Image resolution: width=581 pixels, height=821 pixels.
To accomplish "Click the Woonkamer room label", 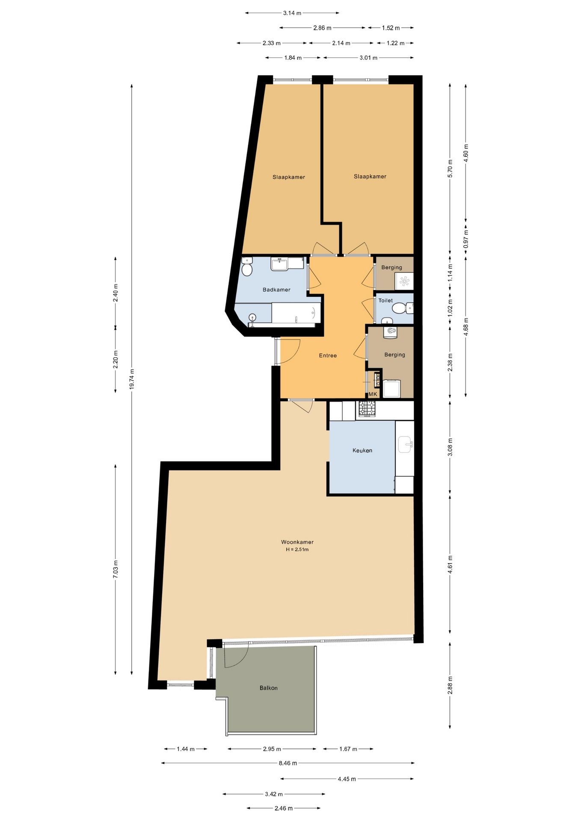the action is point(297,542).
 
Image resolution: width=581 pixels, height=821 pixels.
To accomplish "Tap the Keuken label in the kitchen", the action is point(362,450).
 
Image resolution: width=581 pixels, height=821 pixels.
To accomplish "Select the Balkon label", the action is point(269,688).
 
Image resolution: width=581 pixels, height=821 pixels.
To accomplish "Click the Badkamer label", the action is point(276,289).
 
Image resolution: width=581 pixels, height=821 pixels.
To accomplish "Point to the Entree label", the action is point(328,355).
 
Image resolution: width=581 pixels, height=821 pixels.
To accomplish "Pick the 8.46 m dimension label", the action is point(288,763).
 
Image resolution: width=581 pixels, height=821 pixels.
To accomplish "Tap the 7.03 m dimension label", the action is point(116,569).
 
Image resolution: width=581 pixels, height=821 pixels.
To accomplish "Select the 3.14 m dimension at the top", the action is point(292,13).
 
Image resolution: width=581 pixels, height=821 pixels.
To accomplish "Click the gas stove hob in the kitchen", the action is point(367,409).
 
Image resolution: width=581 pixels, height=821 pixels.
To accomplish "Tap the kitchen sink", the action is point(405,444).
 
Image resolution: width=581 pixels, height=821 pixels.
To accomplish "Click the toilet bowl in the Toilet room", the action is point(400,308).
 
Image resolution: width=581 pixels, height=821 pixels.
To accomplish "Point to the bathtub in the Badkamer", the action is point(296,313).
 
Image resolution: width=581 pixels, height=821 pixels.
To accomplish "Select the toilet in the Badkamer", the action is point(247,268).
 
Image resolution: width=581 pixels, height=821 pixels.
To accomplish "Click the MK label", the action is point(373,394).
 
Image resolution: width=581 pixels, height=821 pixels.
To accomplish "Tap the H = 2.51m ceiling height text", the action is point(297,549).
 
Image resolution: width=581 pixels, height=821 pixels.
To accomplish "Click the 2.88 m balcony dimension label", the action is point(450,685).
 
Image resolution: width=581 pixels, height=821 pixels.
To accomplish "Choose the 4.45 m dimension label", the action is point(347,779).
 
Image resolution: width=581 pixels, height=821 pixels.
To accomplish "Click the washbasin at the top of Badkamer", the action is point(279,264).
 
